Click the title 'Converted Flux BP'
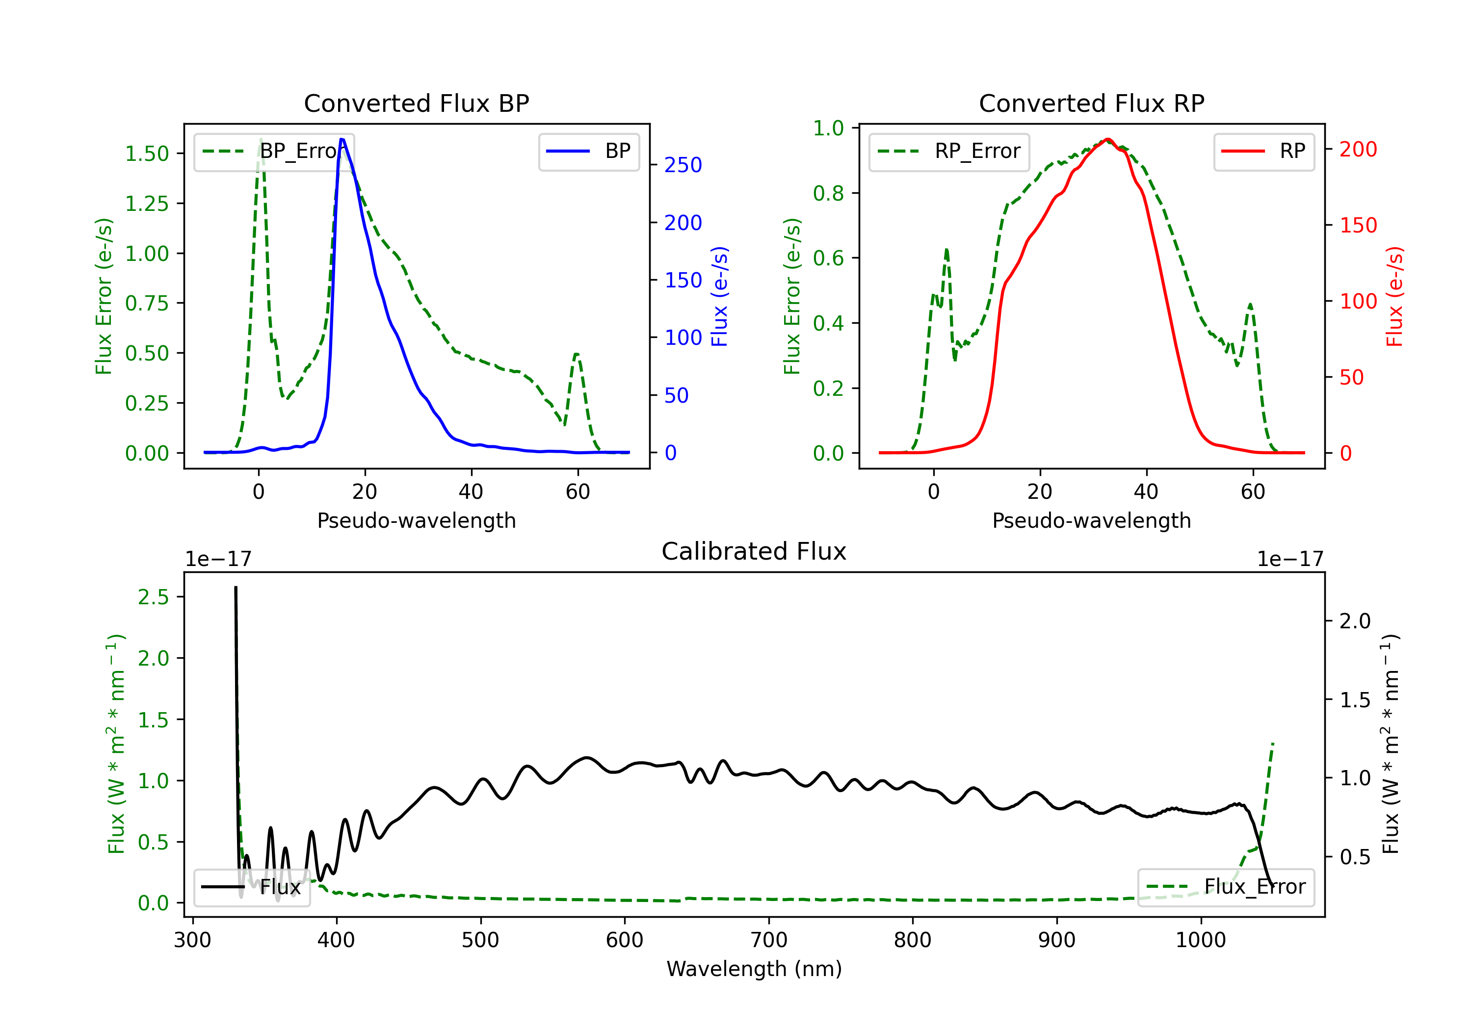click(x=416, y=103)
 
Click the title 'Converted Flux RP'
click(x=1091, y=103)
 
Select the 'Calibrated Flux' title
click(x=754, y=551)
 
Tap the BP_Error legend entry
click(x=274, y=151)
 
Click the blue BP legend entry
click(x=588, y=151)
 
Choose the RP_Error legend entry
click(x=949, y=151)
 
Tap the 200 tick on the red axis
click(x=1358, y=149)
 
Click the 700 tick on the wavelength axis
click(x=769, y=940)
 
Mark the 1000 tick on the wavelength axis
click(x=1201, y=940)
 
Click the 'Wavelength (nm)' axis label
click(x=754, y=969)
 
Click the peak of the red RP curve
click(x=1107, y=139)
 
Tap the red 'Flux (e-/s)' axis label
click(x=1394, y=297)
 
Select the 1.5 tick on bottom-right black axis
click(x=1355, y=700)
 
